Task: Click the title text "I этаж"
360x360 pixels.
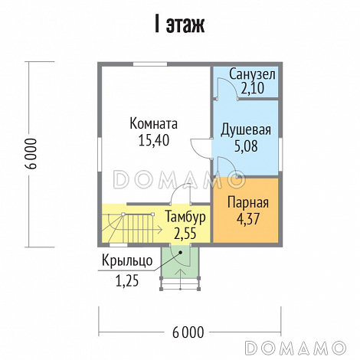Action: tap(179, 25)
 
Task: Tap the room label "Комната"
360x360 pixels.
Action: tap(154, 123)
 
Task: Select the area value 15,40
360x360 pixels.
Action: tap(154, 140)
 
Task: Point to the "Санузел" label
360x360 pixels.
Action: tap(252, 74)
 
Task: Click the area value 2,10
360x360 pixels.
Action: tap(252, 88)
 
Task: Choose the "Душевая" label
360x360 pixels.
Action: tap(246, 129)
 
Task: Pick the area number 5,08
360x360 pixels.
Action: tap(246, 146)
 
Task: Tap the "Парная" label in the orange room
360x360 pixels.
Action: tap(248, 203)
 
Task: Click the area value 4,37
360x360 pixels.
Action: tap(248, 219)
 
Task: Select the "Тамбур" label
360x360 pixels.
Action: tap(185, 218)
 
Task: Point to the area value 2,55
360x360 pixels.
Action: tap(185, 233)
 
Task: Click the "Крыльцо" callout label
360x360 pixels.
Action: tap(127, 261)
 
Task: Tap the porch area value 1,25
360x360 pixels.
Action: tap(127, 281)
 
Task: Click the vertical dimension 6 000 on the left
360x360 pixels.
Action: tap(32, 154)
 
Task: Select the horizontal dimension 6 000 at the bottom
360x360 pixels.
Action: tap(188, 332)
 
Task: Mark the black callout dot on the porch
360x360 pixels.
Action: tap(181, 253)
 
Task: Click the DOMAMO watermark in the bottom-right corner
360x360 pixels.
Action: tap(296, 347)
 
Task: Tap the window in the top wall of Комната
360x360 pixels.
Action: tap(150, 64)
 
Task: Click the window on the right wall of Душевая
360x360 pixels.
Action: tap(280, 154)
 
